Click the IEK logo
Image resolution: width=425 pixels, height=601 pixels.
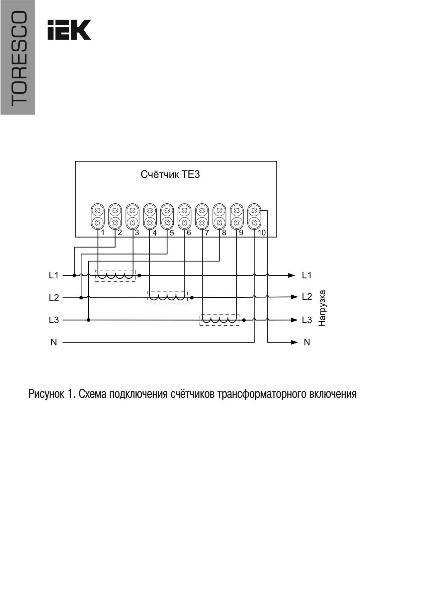[69, 30]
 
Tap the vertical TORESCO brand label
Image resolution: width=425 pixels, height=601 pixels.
[18, 58]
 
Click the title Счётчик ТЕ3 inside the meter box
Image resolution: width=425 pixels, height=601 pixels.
[170, 174]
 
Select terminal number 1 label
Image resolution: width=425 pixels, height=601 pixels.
[103, 233]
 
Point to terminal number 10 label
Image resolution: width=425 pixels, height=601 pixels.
[262, 233]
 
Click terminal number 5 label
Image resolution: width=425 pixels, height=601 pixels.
[172, 233]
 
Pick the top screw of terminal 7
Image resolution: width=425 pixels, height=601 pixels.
[202, 210]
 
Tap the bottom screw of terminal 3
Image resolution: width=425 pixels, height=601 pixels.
[132, 222]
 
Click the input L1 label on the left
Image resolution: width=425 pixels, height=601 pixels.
[53, 275]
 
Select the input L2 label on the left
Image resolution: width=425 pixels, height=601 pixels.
[53, 298]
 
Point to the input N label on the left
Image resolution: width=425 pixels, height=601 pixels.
[54, 342]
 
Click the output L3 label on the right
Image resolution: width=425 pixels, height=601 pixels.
[307, 320]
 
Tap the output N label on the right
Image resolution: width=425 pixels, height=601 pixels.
[307, 342]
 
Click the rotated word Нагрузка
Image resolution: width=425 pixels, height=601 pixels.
[322, 308]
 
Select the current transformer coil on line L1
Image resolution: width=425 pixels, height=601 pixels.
[116, 276]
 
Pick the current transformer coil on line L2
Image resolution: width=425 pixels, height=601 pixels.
[167, 297]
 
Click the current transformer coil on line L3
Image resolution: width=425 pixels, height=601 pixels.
[219, 320]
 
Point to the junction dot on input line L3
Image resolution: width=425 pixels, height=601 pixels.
[88, 320]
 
